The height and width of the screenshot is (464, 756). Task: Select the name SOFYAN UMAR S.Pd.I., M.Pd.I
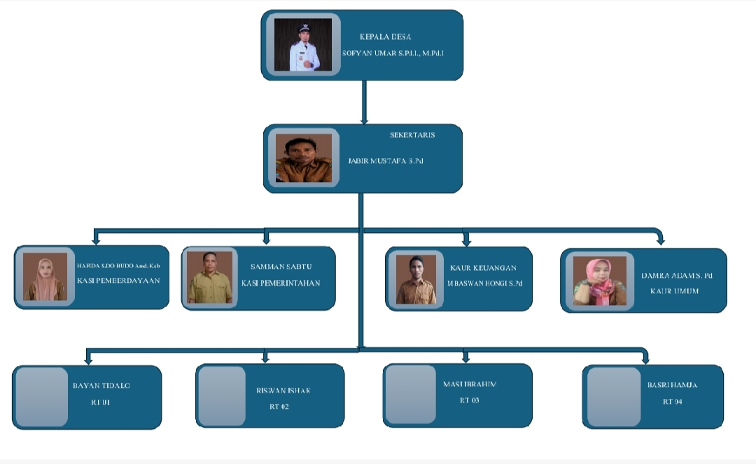[x=393, y=53]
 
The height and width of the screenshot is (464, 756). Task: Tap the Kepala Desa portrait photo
[x=302, y=45]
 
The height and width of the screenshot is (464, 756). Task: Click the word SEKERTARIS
[x=412, y=135]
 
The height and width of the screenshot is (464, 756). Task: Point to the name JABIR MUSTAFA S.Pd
[x=386, y=161]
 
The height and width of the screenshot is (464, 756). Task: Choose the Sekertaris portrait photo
[x=303, y=157]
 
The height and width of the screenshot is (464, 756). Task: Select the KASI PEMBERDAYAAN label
[x=118, y=281]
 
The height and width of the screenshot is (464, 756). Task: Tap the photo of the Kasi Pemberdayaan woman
[x=45, y=276]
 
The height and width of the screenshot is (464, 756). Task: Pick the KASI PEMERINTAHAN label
[x=281, y=283]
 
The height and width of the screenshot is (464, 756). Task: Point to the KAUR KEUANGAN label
[x=484, y=268]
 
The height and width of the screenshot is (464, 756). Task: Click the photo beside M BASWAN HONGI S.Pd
[x=416, y=279]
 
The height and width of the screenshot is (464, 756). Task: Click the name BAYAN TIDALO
[x=101, y=386]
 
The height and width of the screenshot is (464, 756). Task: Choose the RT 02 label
[x=279, y=407]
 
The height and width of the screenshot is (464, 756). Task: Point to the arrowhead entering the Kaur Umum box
[x=660, y=241]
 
